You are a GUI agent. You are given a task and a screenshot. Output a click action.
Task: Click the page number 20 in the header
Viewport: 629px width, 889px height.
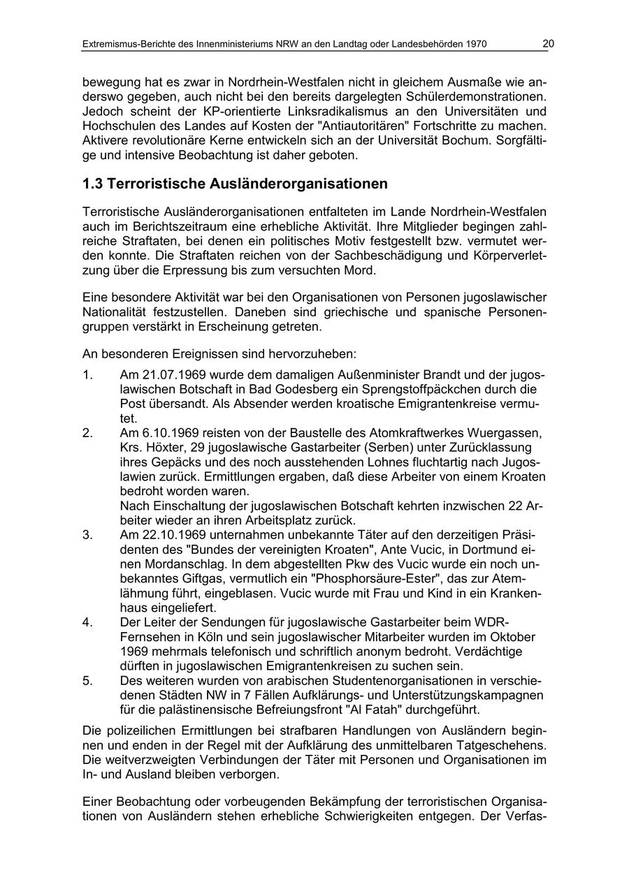[548, 44]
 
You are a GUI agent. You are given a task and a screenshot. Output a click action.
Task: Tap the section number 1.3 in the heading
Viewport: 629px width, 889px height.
[93, 184]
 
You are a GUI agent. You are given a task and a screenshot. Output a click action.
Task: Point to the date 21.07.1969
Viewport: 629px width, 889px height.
[174, 375]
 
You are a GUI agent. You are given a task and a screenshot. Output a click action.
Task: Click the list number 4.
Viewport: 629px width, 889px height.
[87, 622]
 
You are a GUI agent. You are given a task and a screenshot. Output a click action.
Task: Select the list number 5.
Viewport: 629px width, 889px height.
[87, 680]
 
